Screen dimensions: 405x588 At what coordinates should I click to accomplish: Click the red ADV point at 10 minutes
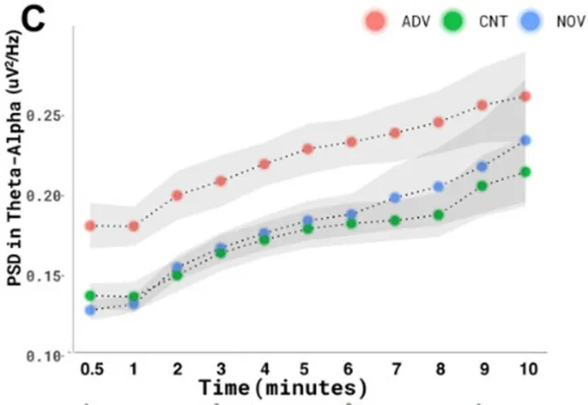(x=526, y=96)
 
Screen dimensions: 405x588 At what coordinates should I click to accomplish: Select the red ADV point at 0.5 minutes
(x=90, y=226)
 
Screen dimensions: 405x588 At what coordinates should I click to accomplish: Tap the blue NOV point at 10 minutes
(x=526, y=141)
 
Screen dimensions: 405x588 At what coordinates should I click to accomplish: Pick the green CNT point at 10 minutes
(x=526, y=172)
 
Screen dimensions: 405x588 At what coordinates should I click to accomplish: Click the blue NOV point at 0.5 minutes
(x=90, y=310)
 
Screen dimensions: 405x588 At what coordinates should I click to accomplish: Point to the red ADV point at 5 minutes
(x=308, y=149)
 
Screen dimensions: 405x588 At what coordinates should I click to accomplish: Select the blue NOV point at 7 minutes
(x=395, y=197)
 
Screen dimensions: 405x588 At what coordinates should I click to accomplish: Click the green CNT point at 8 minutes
(x=438, y=215)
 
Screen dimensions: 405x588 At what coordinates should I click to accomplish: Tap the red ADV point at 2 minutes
(x=177, y=196)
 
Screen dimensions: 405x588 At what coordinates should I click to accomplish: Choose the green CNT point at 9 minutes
(x=481, y=186)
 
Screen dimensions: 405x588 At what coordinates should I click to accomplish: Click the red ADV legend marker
(x=373, y=21)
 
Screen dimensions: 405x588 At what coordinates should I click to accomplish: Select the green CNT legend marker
(x=450, y=21)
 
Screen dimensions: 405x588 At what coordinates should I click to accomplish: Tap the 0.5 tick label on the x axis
(x=90, y=368)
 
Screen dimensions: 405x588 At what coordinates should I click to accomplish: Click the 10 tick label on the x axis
(x=526, y=368)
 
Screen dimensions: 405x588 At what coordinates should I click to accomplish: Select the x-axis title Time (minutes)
(x=284, y=386)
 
